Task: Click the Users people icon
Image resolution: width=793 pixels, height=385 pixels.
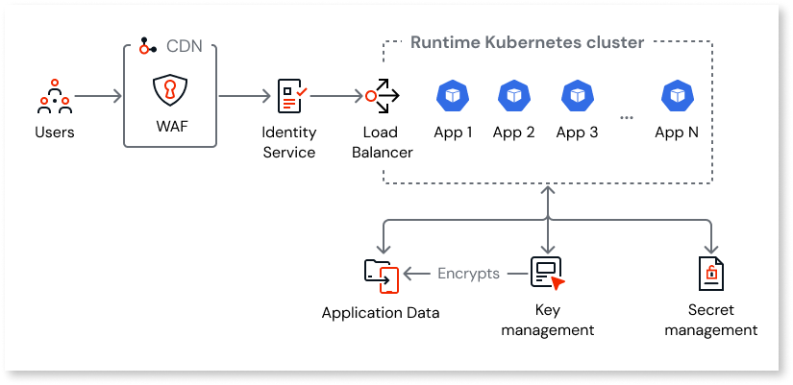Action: (54, 95)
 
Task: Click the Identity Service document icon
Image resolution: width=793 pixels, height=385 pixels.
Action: (290, 95)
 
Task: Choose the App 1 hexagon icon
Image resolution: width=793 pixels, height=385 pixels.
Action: (452, 95)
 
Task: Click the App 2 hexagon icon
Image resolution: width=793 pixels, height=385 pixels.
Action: (513, 95)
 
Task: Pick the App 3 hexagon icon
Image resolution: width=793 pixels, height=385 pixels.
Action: (577, 95)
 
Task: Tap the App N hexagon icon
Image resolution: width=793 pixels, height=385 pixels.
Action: (676, 95)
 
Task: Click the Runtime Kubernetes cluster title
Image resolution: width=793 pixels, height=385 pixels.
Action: (527, 43)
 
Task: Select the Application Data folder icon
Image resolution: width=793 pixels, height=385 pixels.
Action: (382, 275)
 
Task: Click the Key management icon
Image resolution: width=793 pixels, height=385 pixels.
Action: (547, 273)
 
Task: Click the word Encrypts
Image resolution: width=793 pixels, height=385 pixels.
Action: (468, 274)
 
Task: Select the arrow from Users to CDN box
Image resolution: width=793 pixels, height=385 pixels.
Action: (99, 96)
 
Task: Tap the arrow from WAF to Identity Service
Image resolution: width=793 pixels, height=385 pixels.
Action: (244, 96)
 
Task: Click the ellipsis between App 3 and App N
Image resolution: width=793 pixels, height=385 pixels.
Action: (627, 117)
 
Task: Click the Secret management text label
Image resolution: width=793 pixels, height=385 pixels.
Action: (710, 321)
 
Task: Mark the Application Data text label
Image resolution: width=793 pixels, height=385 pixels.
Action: (381, 313)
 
